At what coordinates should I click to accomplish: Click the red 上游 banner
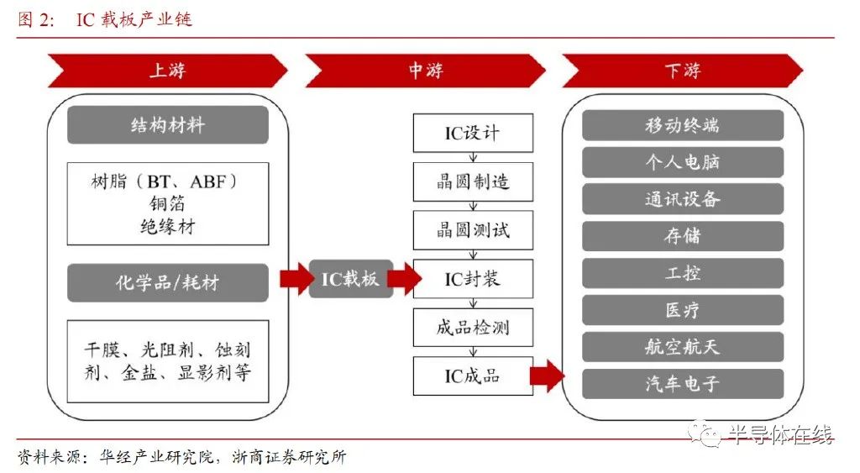coord(168,71)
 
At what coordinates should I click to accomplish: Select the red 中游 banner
coord(426,71)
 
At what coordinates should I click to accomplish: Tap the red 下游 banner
coord(683,71)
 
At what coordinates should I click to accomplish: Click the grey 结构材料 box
coord(168,125)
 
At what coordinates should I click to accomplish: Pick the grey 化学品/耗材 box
coord(168,282)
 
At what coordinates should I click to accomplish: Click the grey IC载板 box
coord(351,279)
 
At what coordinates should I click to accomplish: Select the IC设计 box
coord(473,133)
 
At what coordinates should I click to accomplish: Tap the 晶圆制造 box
coord(473,181)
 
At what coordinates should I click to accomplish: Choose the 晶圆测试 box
coord(473,230)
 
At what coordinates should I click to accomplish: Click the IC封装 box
coord(473,279)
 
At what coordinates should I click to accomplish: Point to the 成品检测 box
coord(473,328)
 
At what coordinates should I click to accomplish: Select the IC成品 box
coord(473,376)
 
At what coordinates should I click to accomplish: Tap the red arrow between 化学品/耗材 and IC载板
coord(296,279)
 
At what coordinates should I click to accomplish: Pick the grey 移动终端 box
coord(683,125)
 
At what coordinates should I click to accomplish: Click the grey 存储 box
coord(683,236)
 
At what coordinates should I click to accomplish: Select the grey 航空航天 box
coord(683,347)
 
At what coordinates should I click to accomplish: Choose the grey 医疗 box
coord(683,310)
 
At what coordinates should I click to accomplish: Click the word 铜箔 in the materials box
coord(167,203)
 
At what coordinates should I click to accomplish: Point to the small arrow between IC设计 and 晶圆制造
coord(473,157)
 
